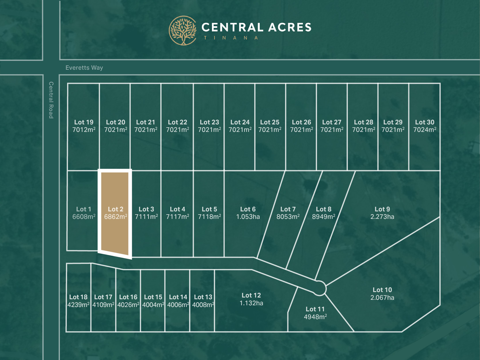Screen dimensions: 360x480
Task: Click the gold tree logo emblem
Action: point(183,31)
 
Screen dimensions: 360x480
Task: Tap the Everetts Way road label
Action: point(84,68)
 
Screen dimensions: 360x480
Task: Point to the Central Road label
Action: point(51,100)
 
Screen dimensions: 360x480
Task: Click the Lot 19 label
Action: point(84,122)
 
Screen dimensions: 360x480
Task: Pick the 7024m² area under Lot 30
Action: point(425,130)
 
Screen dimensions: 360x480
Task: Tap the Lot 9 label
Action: point(382,209)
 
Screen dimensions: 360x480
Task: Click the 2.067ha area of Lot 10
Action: point(382,298)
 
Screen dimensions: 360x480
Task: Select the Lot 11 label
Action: point(315,309)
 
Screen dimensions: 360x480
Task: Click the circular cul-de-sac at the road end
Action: point(319,288)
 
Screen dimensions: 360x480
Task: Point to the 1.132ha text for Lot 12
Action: point(251,303)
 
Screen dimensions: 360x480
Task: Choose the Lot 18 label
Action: point(78,297)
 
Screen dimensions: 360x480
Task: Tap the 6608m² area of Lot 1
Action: point(84,217)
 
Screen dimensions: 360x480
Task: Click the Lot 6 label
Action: point(248,209)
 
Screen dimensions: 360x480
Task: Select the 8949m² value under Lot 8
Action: point(324,217)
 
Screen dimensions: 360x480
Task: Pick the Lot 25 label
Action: point(270,122)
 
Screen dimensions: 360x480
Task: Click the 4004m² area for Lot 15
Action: point(153,305)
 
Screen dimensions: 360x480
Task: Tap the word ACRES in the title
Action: point(290,27)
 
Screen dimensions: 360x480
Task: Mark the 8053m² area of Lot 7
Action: point(288,217)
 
